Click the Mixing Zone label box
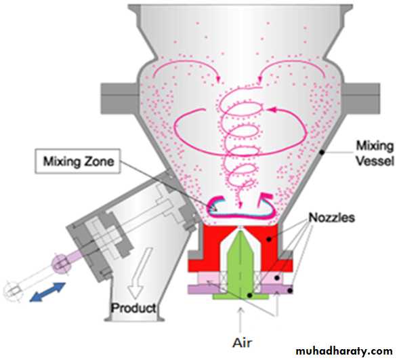tap(77, 161)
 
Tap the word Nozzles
tap(331, 218)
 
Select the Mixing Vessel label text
tap(375, 153)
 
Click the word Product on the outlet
tap(133, 308)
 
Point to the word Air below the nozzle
tap(243, 343)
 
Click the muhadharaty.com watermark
tap(344, 352)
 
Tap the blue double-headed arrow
tap(47, 292)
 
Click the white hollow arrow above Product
tap(139, 273)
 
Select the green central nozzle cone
tap(240, 264)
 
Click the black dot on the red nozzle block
tap(269, 239)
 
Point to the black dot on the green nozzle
tap(250, 296)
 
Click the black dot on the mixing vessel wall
tap(322, 153)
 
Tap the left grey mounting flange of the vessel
tap(119, 98)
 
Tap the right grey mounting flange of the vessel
tap(361, 98)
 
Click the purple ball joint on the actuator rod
tap(61, 264)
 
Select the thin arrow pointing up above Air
tap(241, 320)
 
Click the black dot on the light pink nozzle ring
tap(277, 278)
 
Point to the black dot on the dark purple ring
tap(290, 290)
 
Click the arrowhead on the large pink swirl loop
tap(271, 110)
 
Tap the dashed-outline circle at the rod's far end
tap(13, 292)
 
